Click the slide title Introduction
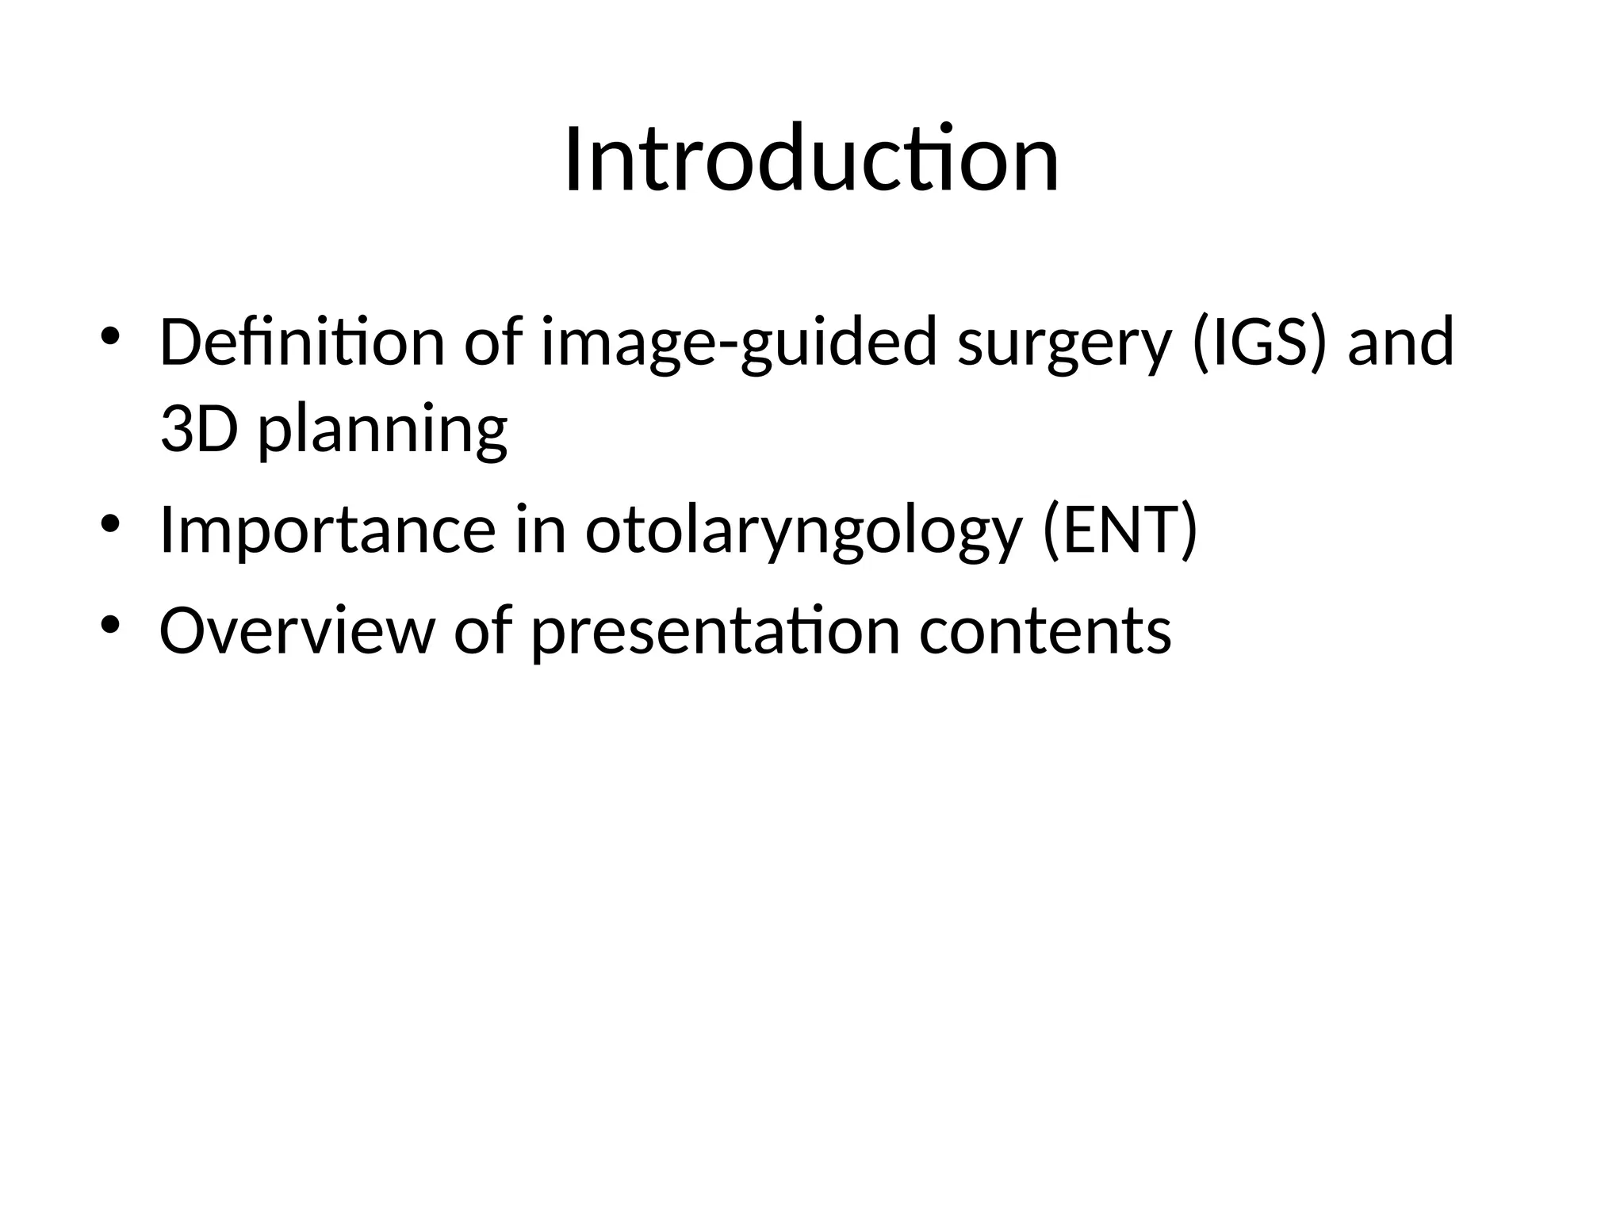811,160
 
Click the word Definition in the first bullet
301,342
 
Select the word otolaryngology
802,530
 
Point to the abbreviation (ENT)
1120,530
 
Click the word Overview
297,630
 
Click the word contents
1045,630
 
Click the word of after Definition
492,342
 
